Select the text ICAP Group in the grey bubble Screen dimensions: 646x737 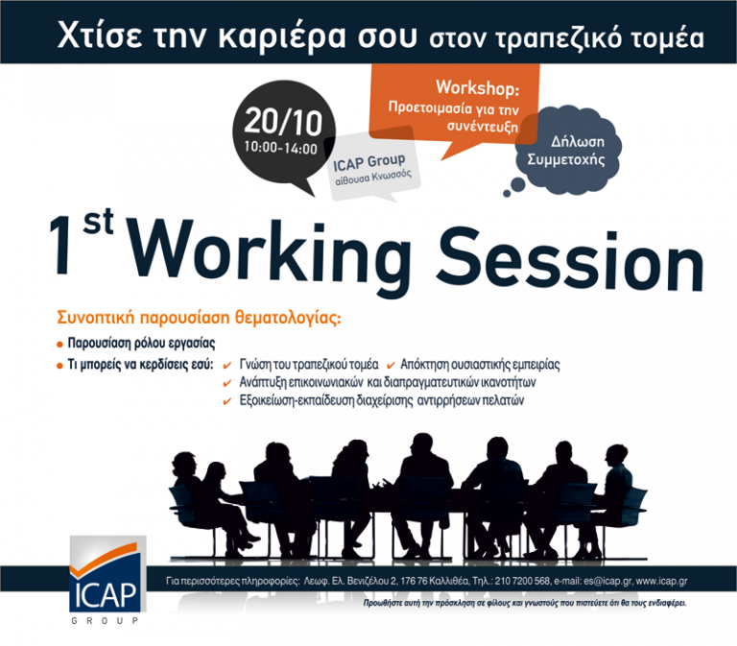click(x=369, y=160)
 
